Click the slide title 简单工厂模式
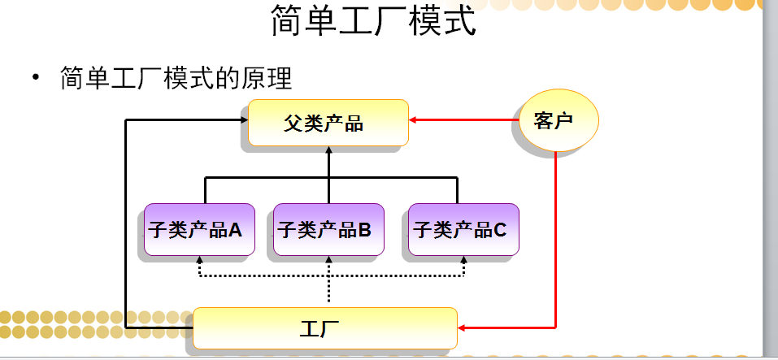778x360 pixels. pos(373,22)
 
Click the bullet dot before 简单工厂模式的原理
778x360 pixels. pos(36,79)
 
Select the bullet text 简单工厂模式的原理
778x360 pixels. pos(176,79)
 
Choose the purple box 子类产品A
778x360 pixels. pos(196,229)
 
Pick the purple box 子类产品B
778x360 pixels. pos(327,229)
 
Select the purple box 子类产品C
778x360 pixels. pos(462,229)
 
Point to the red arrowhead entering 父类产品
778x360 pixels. pos(412,121)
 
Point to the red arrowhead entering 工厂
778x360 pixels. pos(462,327)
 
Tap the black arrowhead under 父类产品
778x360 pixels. pos(328,150)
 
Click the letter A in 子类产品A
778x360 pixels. pos(236,230)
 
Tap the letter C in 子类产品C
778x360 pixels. pos(501,230)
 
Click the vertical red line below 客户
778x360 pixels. pos(555,244)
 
